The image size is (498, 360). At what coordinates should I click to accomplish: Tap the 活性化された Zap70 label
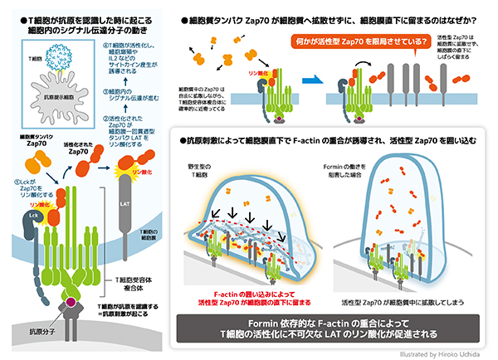point(85,148)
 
